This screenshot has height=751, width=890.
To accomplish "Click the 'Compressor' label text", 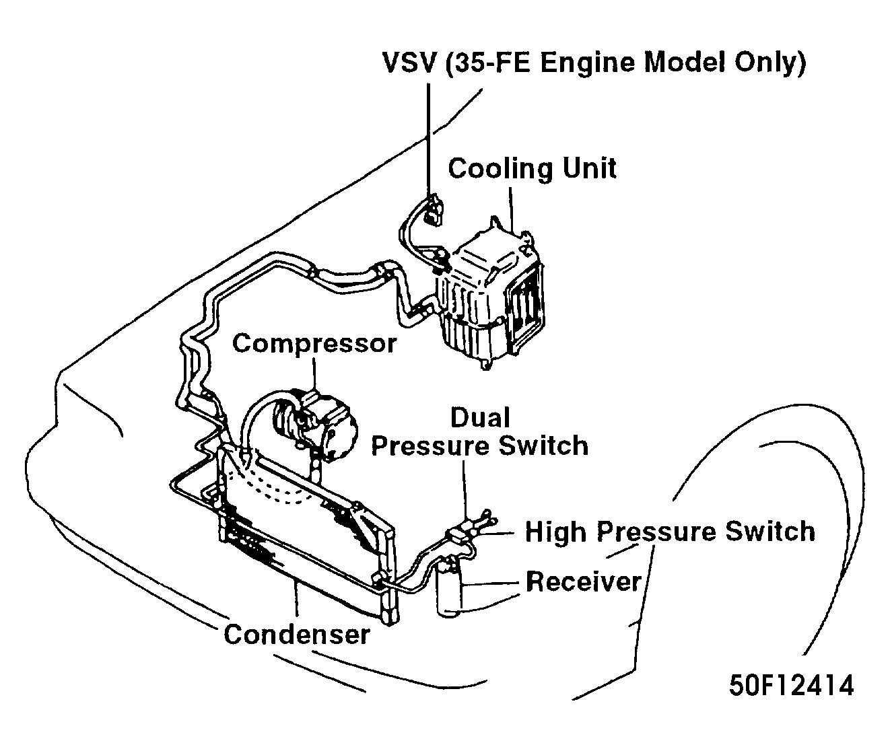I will (314, 344).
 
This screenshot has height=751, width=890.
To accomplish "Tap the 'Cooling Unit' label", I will (532, 168).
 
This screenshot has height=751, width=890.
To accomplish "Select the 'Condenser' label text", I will (296, 634).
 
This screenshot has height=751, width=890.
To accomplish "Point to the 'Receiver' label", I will (583, 581).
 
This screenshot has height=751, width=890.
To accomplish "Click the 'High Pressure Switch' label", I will (670, 532).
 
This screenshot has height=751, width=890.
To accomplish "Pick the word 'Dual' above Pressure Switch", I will (479, 418).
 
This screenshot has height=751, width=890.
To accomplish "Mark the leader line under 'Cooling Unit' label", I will (512, 209).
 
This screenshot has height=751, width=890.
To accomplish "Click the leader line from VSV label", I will (428, 135).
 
